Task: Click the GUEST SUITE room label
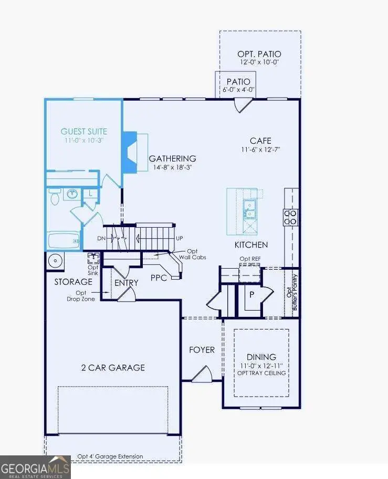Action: [x=84, y=132]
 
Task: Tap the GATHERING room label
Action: [x=172, y=158]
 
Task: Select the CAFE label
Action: [x=260, y=141]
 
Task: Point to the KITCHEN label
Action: [x=251, y=245]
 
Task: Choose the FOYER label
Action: [x=202, y=349]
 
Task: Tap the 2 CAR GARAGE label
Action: [x=113, y=367]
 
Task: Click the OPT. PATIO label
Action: [x=260, y=54]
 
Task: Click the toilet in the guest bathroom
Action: [x=54, y=197]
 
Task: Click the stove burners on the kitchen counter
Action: [x=290, y=217]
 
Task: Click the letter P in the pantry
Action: [x=251, y=295]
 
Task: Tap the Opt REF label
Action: [x=249, y=259]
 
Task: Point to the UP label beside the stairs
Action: [x=180, y=238]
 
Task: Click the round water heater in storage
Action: [x=55, y=260]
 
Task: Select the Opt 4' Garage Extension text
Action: [x=110, y=456]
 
